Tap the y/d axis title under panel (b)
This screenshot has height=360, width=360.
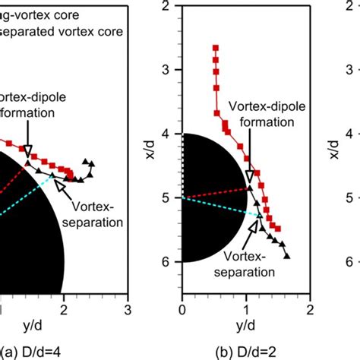tap(246, 325)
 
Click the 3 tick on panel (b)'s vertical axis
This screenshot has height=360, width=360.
tap(171, 70)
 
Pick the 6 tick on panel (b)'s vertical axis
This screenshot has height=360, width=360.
tap(171, 261)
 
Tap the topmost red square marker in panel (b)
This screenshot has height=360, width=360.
tap(216, 48)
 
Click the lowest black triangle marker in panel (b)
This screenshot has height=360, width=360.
tap(287, 256)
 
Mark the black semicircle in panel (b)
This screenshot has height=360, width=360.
tap(205, 197)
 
